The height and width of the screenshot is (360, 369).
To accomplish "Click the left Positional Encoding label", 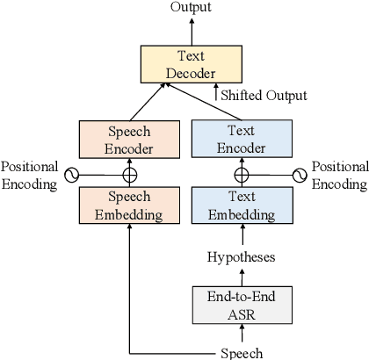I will (x=31, y=175).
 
